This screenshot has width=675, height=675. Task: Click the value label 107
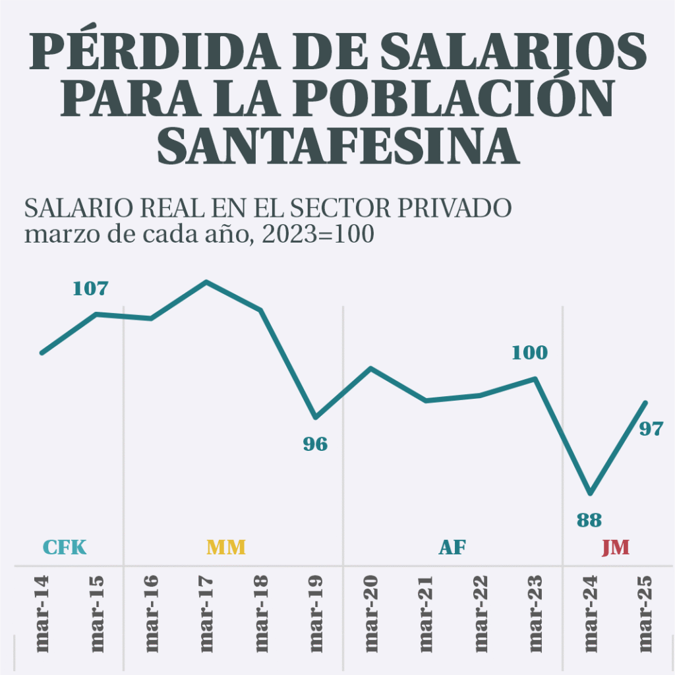tap(90, 289)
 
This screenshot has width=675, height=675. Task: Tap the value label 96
tap(315, 444)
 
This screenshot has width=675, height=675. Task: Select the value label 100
tap(529, 353)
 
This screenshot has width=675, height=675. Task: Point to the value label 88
tap(589, 520)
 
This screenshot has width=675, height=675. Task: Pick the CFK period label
tap(65, 548)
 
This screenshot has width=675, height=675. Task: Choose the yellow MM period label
tap(226, 548)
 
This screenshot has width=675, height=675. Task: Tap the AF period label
tap(452, 548)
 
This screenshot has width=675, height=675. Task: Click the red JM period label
tap(615, 548)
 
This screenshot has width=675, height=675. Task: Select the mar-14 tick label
tap(42, 614)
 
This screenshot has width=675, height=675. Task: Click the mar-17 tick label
tap(207, 614)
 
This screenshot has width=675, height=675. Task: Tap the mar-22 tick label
tap(481, 614)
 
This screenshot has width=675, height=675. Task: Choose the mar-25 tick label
tap(646, 614)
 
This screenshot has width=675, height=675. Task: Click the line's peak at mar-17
tap(206, 282)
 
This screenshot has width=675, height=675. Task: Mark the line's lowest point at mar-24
tap(591, 493)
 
